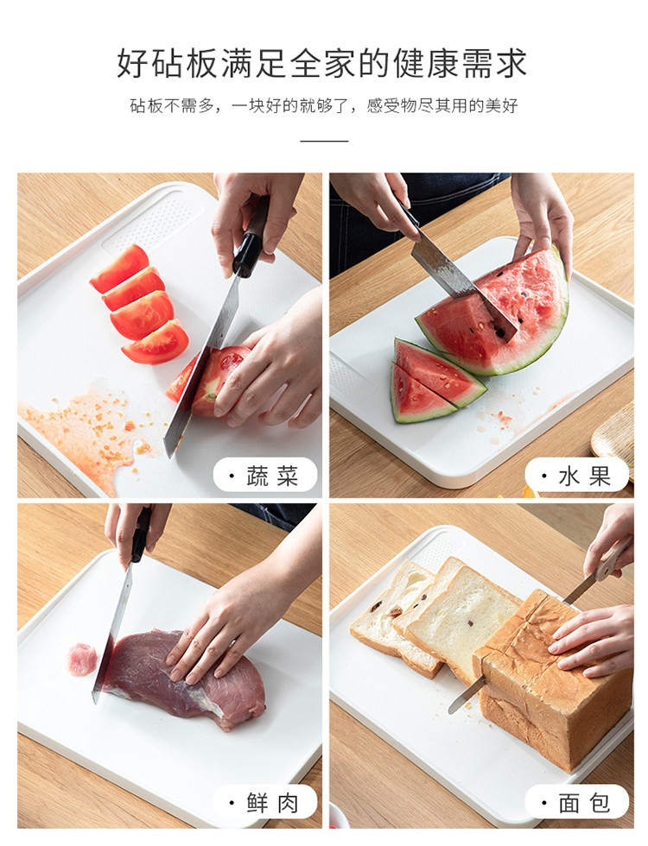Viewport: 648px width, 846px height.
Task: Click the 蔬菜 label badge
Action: tap(265, 475)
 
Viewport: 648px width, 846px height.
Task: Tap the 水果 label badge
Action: tap(577, 475)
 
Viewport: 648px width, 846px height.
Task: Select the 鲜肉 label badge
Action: tap(265, 802)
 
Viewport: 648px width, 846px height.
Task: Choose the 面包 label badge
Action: tap(577, 802)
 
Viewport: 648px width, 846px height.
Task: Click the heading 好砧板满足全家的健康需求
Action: tap(322, 62)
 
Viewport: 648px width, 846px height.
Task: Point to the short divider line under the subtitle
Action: tap(324, 141)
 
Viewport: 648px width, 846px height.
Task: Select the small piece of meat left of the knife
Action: tap(82, 660)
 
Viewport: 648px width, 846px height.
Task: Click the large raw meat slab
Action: tap(187, 680)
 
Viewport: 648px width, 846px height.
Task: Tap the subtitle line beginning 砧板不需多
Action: tap(324, 105)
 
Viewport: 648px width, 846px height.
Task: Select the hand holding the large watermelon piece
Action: tap(543, 221)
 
